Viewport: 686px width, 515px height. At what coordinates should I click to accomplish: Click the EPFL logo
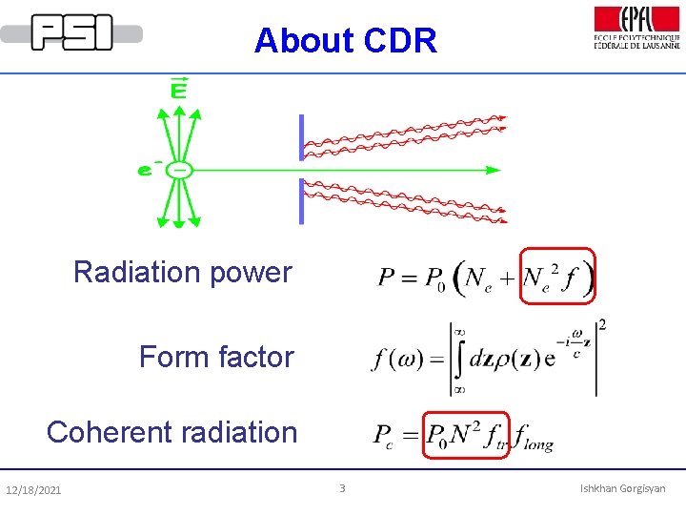(636, 28)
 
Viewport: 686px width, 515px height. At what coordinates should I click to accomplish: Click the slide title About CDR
(345, 41)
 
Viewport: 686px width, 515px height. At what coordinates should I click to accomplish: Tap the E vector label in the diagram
(178, 90)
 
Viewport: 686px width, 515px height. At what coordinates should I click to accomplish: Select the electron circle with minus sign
(179, 171)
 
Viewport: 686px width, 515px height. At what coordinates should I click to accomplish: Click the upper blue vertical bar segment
(302, 137)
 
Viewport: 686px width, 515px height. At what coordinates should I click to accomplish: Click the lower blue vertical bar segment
(302, 200)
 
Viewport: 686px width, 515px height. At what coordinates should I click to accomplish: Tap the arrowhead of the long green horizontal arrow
(493, 170)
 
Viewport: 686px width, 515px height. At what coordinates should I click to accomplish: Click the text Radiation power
(182, 273)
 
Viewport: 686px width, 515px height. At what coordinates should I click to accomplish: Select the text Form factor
(216, 358)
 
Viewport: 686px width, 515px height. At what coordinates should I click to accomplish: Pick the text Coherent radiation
(172, 432)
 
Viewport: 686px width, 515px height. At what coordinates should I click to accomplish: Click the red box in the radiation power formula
(557, 275)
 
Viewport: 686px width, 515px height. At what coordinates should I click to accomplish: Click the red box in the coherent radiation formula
(466, 435)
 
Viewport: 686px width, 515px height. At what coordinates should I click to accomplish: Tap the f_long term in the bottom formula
(533, 439)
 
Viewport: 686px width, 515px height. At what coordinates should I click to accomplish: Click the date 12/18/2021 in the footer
(33, 490)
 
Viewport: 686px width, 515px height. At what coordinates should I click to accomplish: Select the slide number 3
(342, 489)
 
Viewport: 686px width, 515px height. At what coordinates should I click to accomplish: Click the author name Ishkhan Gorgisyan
(622, 489)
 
